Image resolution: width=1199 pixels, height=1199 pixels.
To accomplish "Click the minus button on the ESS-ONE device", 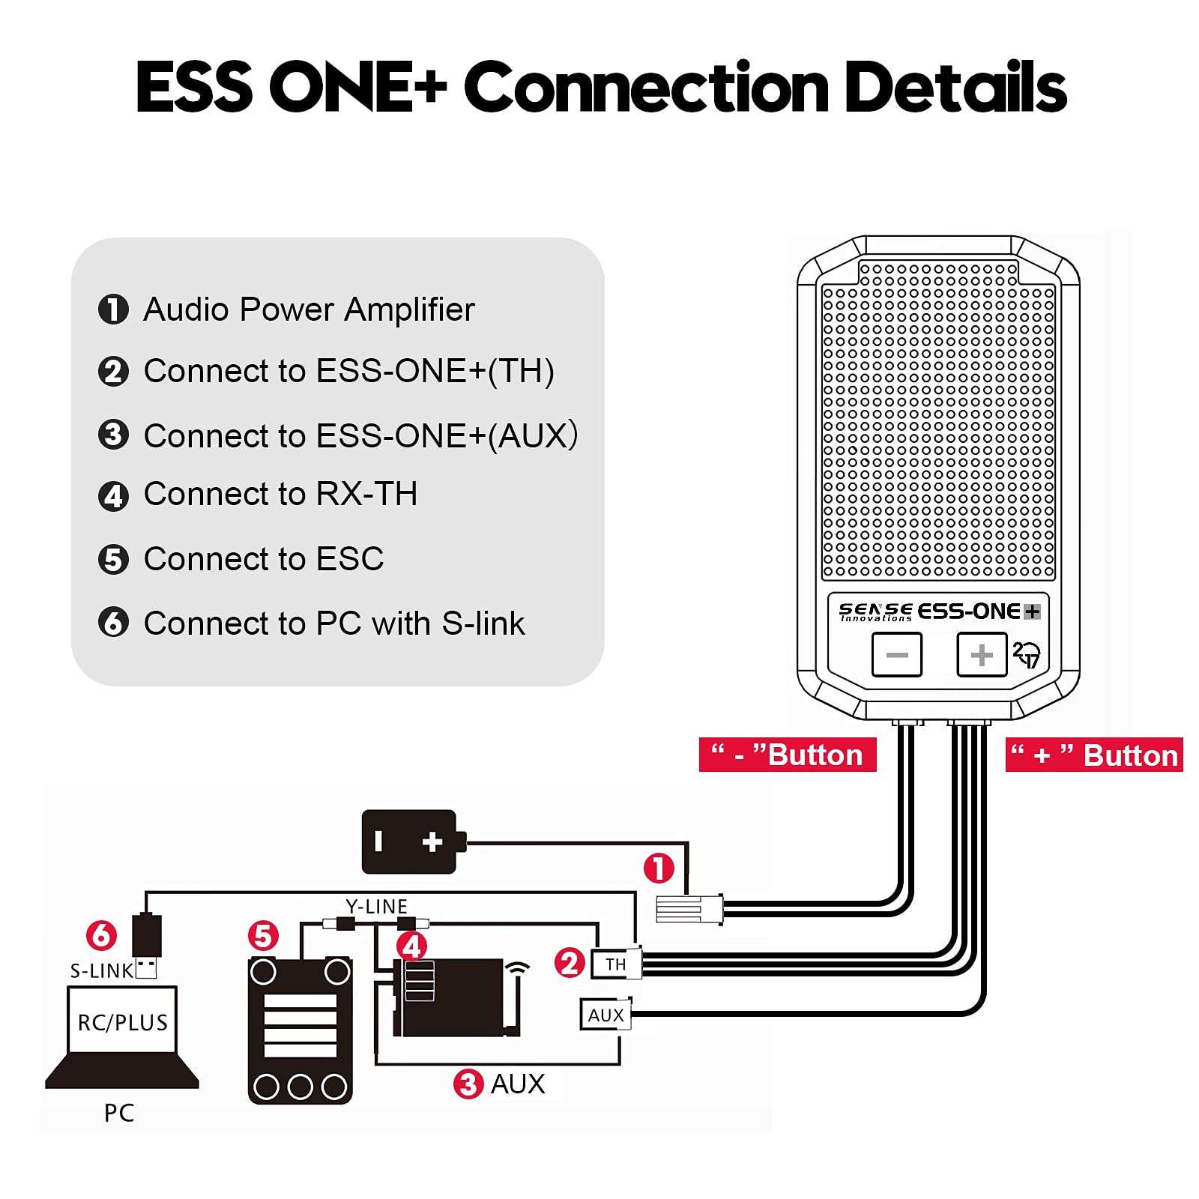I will click(896, 655).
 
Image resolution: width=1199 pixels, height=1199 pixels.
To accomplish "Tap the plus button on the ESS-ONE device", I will click(981, 655).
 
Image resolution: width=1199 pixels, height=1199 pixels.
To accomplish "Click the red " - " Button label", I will click(787, 755).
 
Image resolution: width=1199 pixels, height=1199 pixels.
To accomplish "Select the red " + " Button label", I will click(1093, 755).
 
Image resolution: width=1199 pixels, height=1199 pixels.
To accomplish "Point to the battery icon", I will click(409, 842).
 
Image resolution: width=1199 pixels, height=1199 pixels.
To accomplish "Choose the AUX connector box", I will click(605, 1015).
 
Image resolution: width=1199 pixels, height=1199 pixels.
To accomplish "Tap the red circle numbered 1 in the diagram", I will click(659, 869).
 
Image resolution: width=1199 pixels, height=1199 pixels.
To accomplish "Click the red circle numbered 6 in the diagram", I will click(101, 934).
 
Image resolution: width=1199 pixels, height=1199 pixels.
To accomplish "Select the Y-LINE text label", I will click(376, 907).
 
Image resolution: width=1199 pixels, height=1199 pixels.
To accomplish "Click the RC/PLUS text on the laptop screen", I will click(123, 1022).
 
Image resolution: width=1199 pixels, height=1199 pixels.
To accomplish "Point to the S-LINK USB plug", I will click(147, 944).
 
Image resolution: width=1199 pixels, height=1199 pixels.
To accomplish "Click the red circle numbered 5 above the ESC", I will click(263, 936).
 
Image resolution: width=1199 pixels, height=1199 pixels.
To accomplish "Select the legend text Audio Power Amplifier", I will click(308, 309).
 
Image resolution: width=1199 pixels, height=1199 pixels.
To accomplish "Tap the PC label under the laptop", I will click(119, 1113).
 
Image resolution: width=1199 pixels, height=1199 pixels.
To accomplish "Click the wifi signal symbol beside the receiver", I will click(518, 969).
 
